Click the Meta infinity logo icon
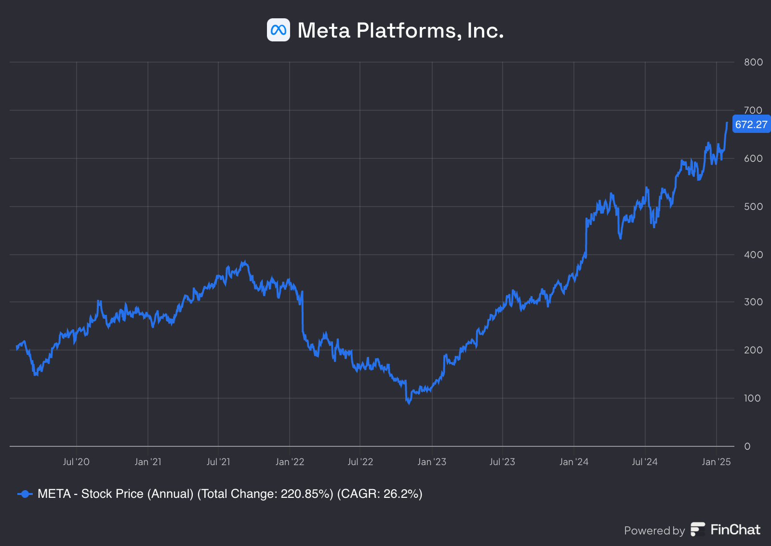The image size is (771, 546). pyautogui.click(x=279, y=30)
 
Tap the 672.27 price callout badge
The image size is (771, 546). pyautogui.click(x=751, y=125)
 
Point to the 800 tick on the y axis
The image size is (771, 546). pyautogui.click(x=753, y=62)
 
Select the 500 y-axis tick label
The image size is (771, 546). pyautogui.click(x=753, y=207)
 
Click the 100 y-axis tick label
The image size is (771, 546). pyautogui.click(x=752, y=398)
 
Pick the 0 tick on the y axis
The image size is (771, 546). pyautogui.click(x=747, y=446)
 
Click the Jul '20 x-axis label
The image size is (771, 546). pyautogui.click(x=76, y=462)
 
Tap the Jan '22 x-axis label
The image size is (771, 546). pyautogui.click(x=290, y=462)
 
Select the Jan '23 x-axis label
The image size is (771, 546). pyautogui.click(x=432, y=462)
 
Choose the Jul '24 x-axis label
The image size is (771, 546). pyautogui.click(x=645, y=462)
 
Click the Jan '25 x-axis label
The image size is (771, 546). pyautogui.click(x=716, y=462)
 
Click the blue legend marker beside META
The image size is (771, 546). pyautogui.click(x=25, y=494)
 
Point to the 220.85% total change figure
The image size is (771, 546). pyautogui.click(x=307, y=494)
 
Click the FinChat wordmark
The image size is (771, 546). pyautogui.click(x=735, y=530)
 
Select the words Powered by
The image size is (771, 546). pyautogui.click(x=654, y=531)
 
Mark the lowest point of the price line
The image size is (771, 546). pyautogui.click(x=409, y=403)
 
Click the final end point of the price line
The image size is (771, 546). pyautogui.click(x=727, y=123)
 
